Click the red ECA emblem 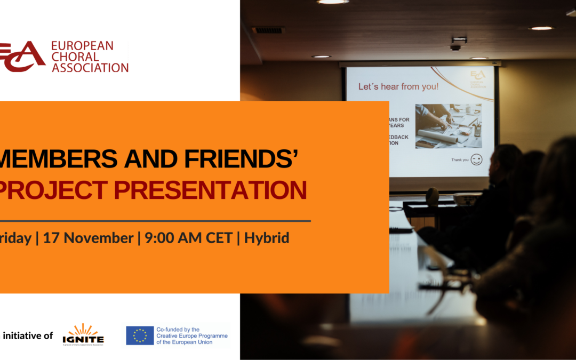coord(22,56)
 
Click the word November coord(97,238)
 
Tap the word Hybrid coord(267,238)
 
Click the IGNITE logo coord(83,334)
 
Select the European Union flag coord(140,335)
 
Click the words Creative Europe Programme coord(192,336)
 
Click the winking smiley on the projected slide coord(476,159)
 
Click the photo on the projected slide coord(448,125)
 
